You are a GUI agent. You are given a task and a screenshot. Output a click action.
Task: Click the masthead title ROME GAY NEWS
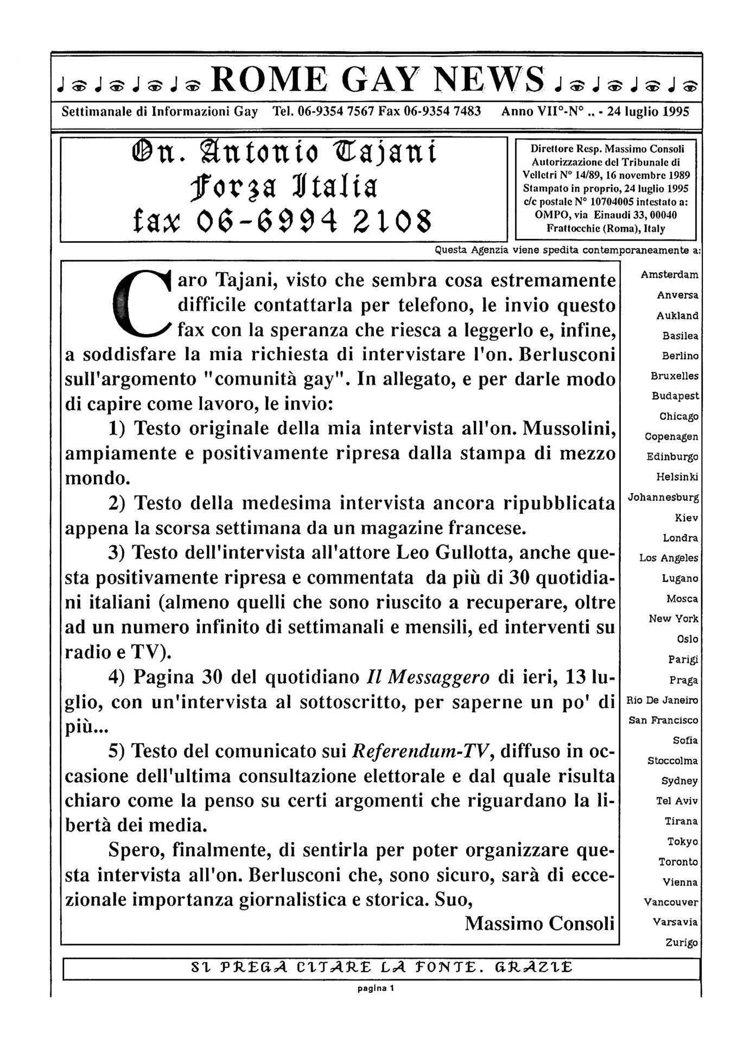pos(377,80)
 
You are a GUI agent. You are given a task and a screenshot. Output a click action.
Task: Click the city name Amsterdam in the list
pos(669,275)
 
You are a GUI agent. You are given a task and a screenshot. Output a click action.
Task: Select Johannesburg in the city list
pos(663,497)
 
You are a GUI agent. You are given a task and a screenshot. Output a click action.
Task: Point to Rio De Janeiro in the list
pos(662,700)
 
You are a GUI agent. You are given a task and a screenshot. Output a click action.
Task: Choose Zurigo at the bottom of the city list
pos(682,943)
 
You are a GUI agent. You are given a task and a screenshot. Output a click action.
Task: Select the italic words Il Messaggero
pos(428,677)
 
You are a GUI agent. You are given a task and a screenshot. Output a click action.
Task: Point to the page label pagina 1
pos(376,988)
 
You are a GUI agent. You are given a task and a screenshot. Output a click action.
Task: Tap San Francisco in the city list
pos(663,720)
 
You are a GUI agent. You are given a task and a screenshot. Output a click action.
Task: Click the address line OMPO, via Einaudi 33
pos(606,215)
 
